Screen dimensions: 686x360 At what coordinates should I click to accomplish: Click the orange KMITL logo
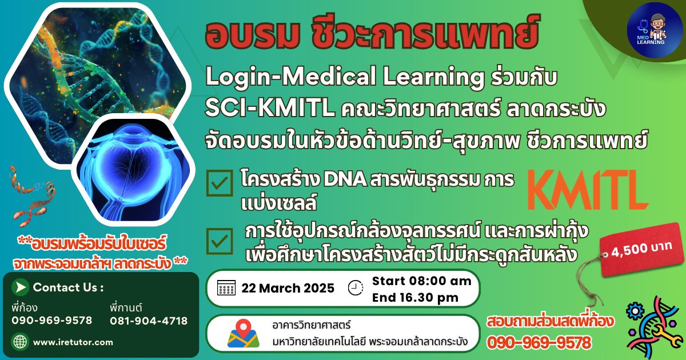588,190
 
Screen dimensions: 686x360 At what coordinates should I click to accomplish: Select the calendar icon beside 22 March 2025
226,288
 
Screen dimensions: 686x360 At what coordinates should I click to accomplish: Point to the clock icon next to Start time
356,288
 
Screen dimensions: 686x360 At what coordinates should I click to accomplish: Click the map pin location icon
244,333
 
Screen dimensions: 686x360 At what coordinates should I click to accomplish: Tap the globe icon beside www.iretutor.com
20,342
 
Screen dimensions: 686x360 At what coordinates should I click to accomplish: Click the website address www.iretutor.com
73,342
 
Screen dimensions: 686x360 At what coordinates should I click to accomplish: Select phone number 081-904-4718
149,321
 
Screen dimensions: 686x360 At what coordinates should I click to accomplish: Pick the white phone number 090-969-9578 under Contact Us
52,321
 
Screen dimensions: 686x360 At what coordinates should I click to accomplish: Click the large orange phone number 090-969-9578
539,342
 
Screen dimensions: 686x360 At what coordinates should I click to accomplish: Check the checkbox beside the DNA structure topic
220,183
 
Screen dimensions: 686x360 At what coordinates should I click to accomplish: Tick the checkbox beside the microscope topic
220,241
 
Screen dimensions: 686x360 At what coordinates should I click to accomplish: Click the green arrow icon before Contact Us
20,287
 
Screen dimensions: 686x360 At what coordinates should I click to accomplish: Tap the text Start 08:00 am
422,281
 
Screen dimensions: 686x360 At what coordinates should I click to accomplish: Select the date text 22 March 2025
288,288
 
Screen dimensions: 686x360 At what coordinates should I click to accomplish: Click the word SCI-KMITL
270,109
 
